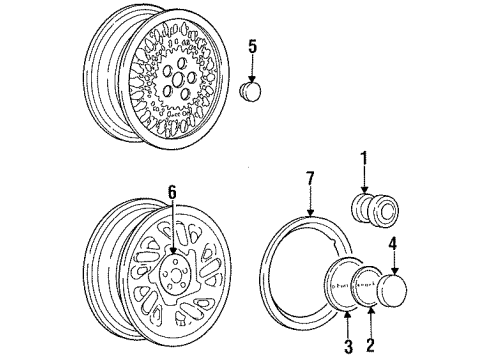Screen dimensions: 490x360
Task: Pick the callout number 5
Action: [253, 46]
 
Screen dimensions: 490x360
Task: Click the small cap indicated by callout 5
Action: [252, 93]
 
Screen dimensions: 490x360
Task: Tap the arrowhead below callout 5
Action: [252, 80]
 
